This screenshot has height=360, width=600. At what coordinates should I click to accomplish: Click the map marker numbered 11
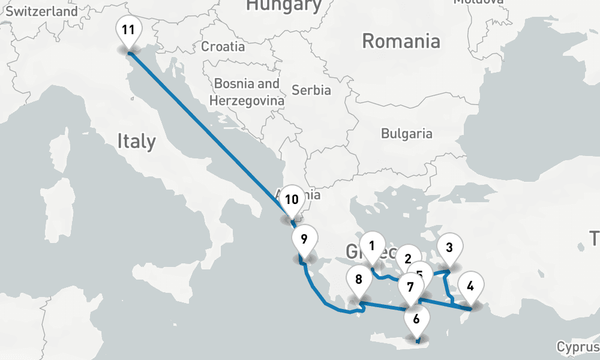[129, 31]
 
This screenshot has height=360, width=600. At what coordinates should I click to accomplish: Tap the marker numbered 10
[292, 200]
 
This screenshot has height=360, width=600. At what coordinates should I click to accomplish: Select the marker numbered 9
[304, 239]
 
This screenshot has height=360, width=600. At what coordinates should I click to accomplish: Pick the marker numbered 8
[359, 280]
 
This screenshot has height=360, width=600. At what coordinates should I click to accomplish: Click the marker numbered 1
[372, 245]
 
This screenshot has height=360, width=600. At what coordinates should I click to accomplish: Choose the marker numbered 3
[449, 247]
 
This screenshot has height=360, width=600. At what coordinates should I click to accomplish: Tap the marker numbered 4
[470, 286]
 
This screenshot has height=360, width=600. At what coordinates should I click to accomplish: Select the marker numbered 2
[409, 259]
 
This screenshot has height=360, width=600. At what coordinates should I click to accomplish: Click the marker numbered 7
[410, 287]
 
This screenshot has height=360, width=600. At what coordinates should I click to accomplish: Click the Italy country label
[136, 142]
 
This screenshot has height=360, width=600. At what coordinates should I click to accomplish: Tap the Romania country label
[401, 41]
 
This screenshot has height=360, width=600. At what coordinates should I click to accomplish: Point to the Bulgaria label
[407, 133]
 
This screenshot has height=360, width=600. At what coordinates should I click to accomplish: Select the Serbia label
[311, 90]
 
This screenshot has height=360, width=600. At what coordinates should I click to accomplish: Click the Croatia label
[223, 46]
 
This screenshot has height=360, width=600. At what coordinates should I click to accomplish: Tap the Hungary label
[284, 5]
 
